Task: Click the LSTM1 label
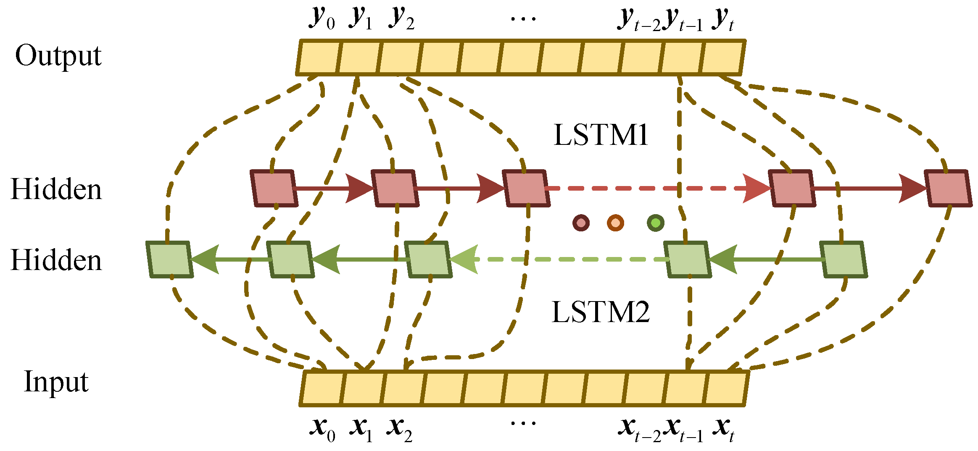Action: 601,135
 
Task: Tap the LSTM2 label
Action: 601,312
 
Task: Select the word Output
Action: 58,56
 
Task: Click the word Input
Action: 56,382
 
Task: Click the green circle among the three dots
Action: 655,223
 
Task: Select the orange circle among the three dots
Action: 615,223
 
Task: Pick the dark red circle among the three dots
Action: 581,223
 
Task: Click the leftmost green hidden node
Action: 169,259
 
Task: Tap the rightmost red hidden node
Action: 948,189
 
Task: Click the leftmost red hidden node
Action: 274,189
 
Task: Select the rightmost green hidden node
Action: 844,259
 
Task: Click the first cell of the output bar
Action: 318,58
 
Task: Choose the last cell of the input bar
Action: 725,388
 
